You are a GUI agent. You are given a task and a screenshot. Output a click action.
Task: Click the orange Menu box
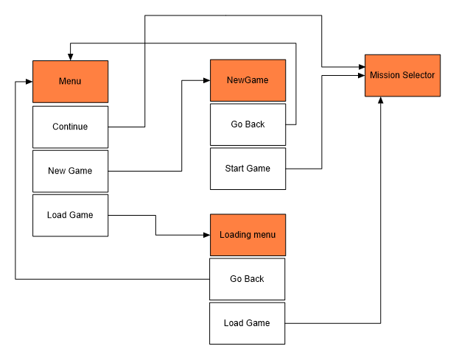tap(70, 81)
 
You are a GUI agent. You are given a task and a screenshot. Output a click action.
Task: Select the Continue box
tap(70, 127)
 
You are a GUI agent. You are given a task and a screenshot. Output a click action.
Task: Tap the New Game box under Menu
tap(70, 171)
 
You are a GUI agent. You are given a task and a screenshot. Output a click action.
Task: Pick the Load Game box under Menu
tap(70, 215)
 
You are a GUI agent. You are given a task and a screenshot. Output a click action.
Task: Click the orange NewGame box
tap(248, 80)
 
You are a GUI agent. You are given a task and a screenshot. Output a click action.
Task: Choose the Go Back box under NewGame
tap(248, 124)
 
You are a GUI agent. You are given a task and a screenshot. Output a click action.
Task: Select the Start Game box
tap(248, 169)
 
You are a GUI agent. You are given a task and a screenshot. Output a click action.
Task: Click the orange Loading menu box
tap(248, 235)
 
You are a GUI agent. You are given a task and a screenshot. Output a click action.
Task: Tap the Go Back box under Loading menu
tap(247, 279)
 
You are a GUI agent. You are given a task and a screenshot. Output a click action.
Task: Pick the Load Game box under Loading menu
tap(247, 323)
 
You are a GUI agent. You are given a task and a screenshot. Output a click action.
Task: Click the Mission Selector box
tap(402, 75)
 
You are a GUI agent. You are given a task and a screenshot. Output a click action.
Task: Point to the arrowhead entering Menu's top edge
tap(69, 56)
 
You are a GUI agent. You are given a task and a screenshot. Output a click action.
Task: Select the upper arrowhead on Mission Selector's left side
tap(361, 67)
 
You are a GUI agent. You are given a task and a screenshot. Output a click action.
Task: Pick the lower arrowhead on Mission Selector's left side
tap(361, 75)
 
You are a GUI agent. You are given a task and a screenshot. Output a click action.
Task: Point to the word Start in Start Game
tap(235, 169)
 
